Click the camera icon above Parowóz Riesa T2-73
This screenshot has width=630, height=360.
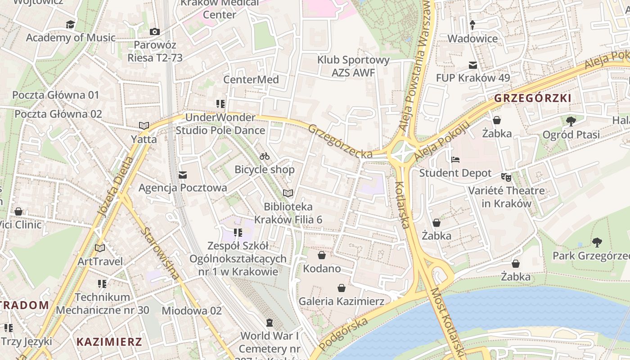pos(154,31)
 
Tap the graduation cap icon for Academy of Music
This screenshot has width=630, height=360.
pos(71,24)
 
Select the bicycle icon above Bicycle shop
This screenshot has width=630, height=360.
pos(265,156)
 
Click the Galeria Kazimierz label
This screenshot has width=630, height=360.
pos(342,301)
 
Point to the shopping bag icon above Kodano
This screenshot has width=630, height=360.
pos(322,256)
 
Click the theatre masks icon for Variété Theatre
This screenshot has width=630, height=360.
pos(506,177)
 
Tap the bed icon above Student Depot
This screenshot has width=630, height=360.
pos(455,160)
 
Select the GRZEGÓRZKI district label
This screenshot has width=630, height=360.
pos(532,98)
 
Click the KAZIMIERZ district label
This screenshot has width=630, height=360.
pos(109,342)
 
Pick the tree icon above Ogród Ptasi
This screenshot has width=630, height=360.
pos(571,121)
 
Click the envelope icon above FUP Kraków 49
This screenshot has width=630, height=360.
pos(473,65)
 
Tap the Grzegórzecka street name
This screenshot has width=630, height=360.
pos(340,141)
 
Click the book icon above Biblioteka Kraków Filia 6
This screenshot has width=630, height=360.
pos(288,193)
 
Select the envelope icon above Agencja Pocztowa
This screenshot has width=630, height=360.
pos(183,175)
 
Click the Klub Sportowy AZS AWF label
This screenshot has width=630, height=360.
pos(353,66)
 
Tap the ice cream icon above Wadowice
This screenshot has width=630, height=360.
pos(472,25)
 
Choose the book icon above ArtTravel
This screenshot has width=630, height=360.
pos(100,248)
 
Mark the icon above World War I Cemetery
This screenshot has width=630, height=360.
pos(270,323)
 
